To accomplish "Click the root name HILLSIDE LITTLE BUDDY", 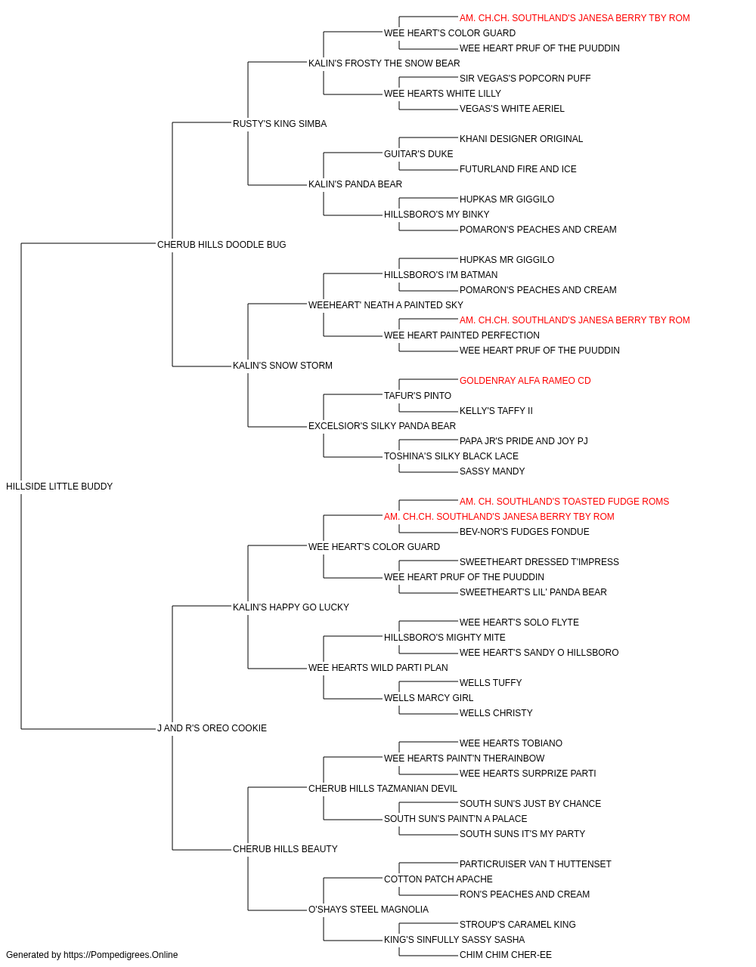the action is click(x=59, y=486).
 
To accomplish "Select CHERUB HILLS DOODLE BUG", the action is click(x=222, y=244).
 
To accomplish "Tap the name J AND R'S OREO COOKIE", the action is click(x=212, y=728).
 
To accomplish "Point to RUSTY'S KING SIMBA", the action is click(x=280, y=124).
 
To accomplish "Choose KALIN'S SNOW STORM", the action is click(x=282, y=366).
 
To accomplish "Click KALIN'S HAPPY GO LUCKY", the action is click(x=291, y=607).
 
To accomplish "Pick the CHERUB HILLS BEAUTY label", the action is click(x=285, y=848).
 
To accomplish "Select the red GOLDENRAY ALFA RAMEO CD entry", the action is click(x=525, y=381).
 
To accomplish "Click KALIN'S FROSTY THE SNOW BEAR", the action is click(x=384, y=63).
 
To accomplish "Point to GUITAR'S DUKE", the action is click(x=418, y=154).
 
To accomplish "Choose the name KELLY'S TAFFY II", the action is click(x=496, y=411).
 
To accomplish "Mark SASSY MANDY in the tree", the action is click(x=492, y=471).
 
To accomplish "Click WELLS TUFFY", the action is click(x=490, y=683).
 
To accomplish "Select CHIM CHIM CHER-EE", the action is click(x=505, y=955).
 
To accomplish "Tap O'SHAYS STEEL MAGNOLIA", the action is click(x=368, y=909).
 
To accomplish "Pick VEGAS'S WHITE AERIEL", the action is click(x=512, y=109).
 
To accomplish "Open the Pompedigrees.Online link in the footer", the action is click(x=120, y=955).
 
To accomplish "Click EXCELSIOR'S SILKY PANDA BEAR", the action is click(x=382, y=426).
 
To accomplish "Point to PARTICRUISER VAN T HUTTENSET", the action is click(x=535, y=864).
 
